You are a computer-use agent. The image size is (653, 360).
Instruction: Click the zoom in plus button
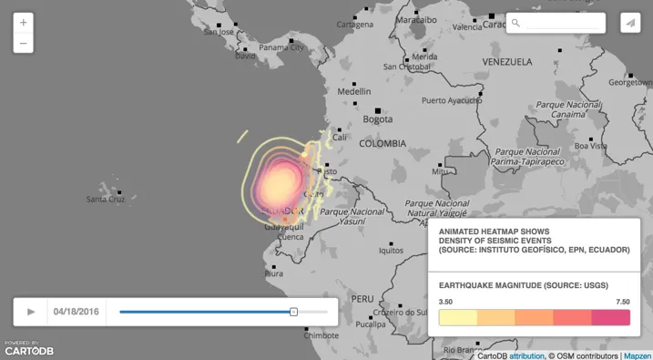(24, 22)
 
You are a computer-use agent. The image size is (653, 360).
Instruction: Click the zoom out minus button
(24, 43)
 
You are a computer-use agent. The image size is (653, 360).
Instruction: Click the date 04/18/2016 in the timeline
(77, 312)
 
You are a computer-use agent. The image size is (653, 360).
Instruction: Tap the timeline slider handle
(293, 312)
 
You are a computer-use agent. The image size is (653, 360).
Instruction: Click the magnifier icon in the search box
(515, 23)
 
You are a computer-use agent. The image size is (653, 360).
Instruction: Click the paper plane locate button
(630, 23)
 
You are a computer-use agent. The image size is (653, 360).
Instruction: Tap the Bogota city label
(377, 119)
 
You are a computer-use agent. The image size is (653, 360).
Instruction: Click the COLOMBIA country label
(383, 144)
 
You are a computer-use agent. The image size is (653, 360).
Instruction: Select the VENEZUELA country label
(507, 62)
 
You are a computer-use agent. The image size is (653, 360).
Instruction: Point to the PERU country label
(362, 299)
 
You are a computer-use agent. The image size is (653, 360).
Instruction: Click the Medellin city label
(354, 91)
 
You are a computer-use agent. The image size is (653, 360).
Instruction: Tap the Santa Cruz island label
(106, 199)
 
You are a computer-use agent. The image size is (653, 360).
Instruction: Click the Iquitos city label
(391, 251)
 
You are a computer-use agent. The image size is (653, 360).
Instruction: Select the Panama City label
(281, 47)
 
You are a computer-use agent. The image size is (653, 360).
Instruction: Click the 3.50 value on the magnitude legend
(446, 302)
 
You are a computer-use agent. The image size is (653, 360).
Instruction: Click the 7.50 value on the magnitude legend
(621, 302)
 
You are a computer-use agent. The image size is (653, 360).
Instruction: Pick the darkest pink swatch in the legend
(611, 317)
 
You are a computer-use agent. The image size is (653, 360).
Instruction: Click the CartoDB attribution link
(526, 355)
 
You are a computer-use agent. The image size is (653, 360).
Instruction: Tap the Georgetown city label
(630, 82)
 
